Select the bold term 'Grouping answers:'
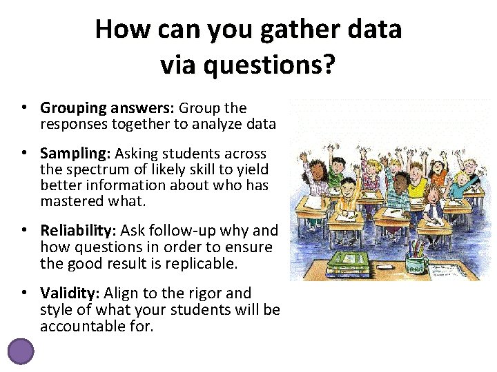tap(108, 108)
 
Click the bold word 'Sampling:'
tap(75, 153)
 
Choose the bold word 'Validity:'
tap(70, 293)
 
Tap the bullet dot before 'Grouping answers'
tap(23, 108)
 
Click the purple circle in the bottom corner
tap(20, 351)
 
